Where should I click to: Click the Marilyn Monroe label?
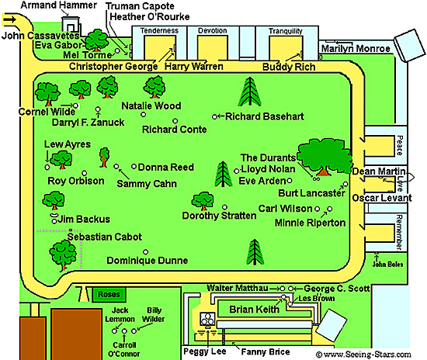[x=356, y=48]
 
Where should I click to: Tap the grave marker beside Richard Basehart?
[x=214, y=116]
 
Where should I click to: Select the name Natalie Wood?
[x=151, y=106]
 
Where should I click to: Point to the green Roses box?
[x=109, y=294]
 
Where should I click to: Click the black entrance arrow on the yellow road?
[x=10, y=19]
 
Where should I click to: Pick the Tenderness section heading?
[x=159, y=30]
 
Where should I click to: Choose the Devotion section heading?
[x=213, y=30]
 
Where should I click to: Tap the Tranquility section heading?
[x=286, y=31]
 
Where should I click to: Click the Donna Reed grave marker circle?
[x=134, y=166]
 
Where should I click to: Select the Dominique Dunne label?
[x=147, y=261]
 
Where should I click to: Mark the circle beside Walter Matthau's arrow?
[x=283, y=289]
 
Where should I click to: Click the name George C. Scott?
[x=337, y=288]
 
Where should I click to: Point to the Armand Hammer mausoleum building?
[x=71, y=24]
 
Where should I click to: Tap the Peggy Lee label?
[x=205, y=351]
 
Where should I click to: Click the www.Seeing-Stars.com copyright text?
[x=363, y=355]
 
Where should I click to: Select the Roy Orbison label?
[x=76, y=181]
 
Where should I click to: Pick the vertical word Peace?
[x=400, y=145]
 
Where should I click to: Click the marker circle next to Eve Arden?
[x=290, y=181]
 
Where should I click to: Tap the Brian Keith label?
[x=254, y=310]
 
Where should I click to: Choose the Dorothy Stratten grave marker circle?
[x=224, y=207]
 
